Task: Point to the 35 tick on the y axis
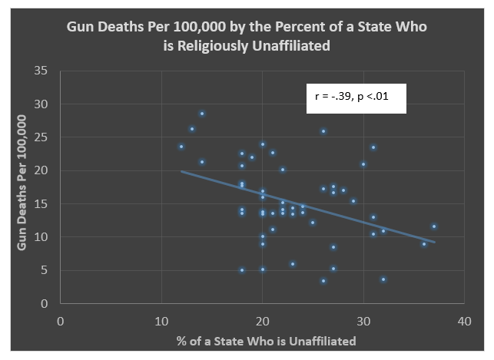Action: (43, 71)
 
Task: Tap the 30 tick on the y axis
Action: (43, 104)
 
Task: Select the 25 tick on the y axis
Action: (43, 137)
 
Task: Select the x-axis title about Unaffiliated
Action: (261, 339)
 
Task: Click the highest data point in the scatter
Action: (202, 114)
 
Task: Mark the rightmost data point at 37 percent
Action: (433, 226)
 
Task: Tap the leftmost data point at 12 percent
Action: (181, 147)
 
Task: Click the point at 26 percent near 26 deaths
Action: (323, 131)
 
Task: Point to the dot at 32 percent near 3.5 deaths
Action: (383, 279)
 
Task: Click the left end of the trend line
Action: (181, 171)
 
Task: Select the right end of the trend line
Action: (434, 243)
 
